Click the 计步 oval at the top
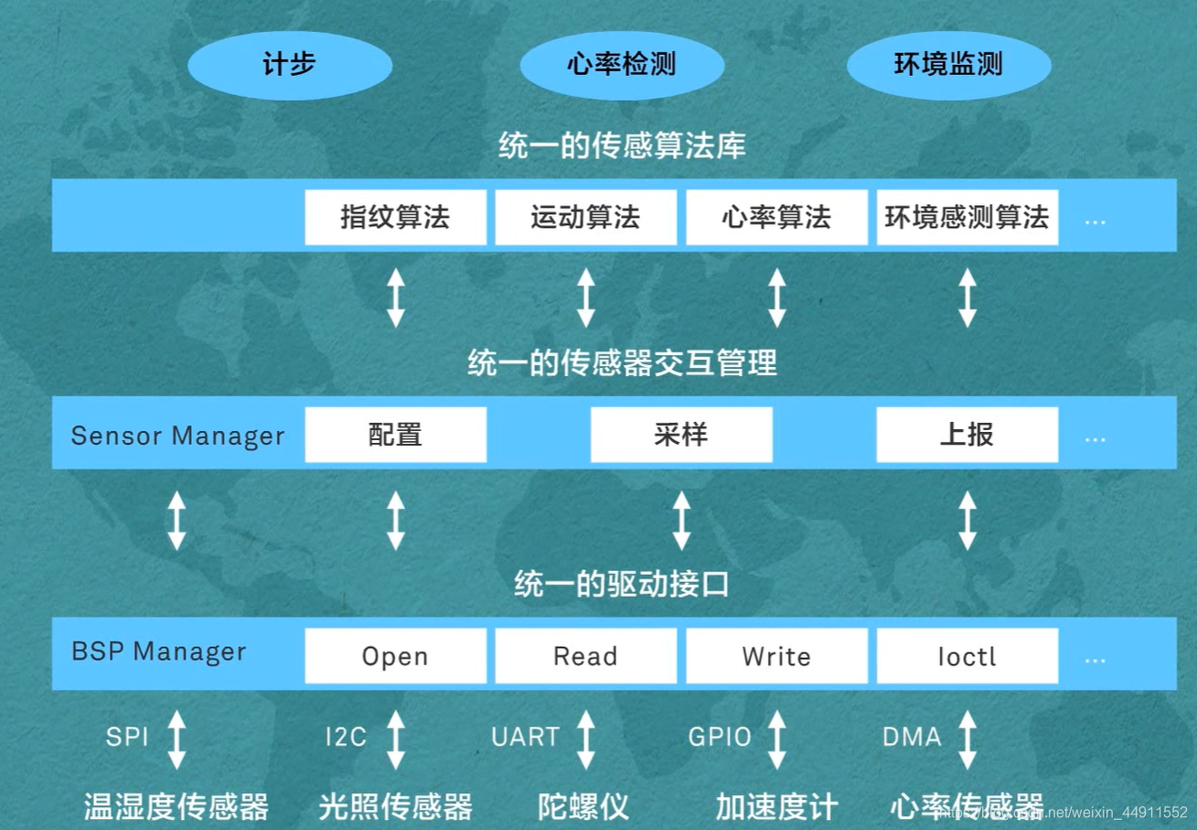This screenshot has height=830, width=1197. [289, 65]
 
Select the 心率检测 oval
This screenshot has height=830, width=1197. [622, 65]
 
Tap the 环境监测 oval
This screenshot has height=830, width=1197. [948, 65]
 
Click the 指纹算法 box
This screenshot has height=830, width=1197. [395, 218]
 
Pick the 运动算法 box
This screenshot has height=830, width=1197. [585, 218]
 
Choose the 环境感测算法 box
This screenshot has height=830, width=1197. [967, 218]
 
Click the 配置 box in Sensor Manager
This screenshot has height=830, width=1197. [395, 435]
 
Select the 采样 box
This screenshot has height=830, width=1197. [681, 435]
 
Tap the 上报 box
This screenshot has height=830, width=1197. [967, 435]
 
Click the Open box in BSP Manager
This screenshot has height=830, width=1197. [395, 655]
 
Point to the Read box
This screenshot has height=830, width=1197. [585, 655]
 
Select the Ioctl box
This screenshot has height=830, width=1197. [967, 655]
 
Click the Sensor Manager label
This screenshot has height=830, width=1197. [177, 436]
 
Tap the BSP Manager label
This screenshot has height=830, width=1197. [159, 652]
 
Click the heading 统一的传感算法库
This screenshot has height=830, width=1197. [622, 146]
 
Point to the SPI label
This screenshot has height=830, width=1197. [127, 737]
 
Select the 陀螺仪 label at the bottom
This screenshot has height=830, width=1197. [583, 806]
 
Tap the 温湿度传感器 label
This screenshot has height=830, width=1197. [176, 806]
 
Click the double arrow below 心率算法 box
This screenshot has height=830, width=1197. [776, 297]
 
